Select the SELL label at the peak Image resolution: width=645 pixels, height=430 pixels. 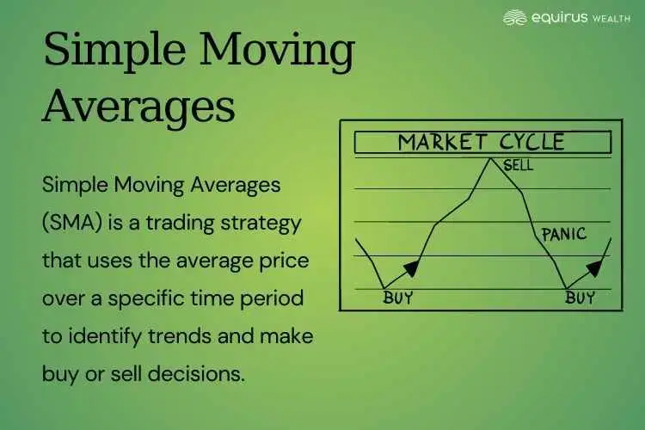pyautogui.click(x=518, y=165)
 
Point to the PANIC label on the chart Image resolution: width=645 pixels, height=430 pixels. pyautogui.click(x=563, y=233)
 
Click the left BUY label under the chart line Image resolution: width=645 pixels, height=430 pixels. pyautogui.click(x=398, y=299)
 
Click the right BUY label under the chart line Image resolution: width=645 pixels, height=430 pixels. pyautogui.click(x=580, y=299)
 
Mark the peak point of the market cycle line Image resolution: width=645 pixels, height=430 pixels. pyautogui.click(x=491, y=157)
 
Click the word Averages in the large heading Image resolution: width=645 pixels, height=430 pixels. pyautogui.click(x=138, y=107)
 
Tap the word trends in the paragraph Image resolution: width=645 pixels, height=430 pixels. pyautogui.click(x=175, y=336)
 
